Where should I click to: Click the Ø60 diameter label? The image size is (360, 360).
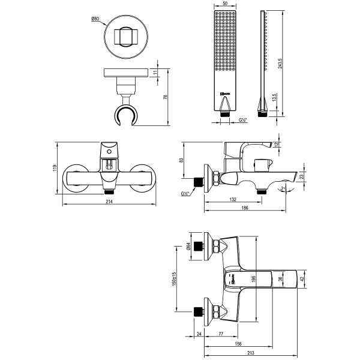(x=95, y=19)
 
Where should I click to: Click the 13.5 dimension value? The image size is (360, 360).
(x=274, y=99)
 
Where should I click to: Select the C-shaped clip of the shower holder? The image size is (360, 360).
(x=128, y=116)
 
